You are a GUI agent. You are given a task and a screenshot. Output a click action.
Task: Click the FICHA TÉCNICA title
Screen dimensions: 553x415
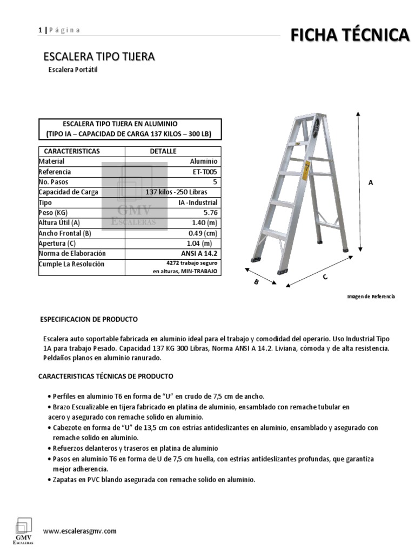[x=350, y=36]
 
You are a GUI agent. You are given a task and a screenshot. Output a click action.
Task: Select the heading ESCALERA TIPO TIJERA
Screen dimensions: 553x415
[x=99, y=57]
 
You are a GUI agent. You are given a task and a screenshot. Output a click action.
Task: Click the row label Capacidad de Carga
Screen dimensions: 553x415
[x=68, y=192]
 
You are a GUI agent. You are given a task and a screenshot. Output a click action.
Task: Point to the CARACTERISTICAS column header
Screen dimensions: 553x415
[x=71, y=151]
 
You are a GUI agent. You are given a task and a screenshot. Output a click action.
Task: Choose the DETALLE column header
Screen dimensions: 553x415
[x=163, y=151]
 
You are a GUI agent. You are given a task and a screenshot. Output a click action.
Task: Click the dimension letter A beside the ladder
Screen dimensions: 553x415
[x=371, y=183]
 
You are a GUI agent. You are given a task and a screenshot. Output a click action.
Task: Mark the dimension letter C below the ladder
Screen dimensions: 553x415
[x=325, y=277]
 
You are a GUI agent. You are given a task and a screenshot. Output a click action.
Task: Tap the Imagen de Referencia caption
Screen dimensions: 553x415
[x=371, y=296]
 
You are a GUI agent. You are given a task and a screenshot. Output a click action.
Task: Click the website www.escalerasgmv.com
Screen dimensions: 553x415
[x=79, y=531]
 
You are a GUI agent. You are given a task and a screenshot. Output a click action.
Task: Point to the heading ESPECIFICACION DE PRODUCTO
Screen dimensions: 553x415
[x=89, y=320]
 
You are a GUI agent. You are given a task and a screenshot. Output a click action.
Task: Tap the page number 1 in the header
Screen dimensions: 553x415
[x=39, y=30]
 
